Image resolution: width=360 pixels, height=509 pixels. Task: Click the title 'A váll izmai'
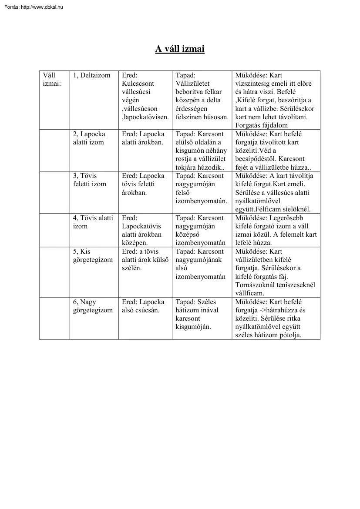click(180, 49)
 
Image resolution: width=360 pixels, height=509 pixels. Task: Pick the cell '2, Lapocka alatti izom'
click(89, 138)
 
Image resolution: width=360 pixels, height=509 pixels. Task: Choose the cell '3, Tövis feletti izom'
click(89, 180)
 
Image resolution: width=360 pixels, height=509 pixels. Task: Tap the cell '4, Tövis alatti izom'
click(93, 222)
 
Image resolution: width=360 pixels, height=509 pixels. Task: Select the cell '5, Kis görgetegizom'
click(92, 255)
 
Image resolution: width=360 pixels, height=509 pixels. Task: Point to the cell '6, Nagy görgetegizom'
click(92, 306)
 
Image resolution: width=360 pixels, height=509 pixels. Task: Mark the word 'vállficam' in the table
click(249, 293)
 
